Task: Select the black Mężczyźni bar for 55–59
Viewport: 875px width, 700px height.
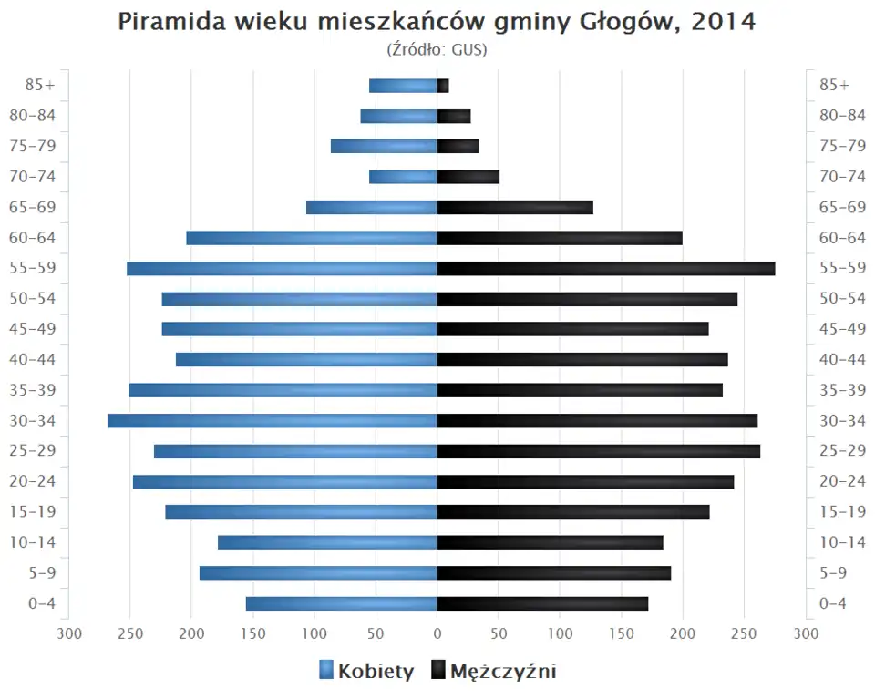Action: point(606,268)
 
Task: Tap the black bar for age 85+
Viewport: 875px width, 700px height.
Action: point(443,86)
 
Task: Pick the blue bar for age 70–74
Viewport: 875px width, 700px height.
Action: point(403,177)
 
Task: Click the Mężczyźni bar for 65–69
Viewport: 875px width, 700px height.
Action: point(515,207)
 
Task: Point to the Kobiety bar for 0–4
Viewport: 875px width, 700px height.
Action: point(341,603)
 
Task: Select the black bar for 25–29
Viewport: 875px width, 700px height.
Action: point(599,451)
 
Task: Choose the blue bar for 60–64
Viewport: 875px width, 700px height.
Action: point(312,238)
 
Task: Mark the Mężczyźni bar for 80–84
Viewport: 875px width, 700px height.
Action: point(454,116)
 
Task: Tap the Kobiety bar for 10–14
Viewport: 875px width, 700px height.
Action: point(327,542)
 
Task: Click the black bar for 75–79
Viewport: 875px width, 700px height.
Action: point(458,146)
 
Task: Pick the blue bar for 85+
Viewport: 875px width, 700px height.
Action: point(403,86)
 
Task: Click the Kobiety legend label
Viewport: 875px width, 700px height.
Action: point(376,672)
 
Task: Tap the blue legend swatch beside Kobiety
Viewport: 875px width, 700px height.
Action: point(326,672)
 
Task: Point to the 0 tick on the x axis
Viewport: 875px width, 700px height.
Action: point(437,633)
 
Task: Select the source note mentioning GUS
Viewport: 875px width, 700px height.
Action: point(437,49)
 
